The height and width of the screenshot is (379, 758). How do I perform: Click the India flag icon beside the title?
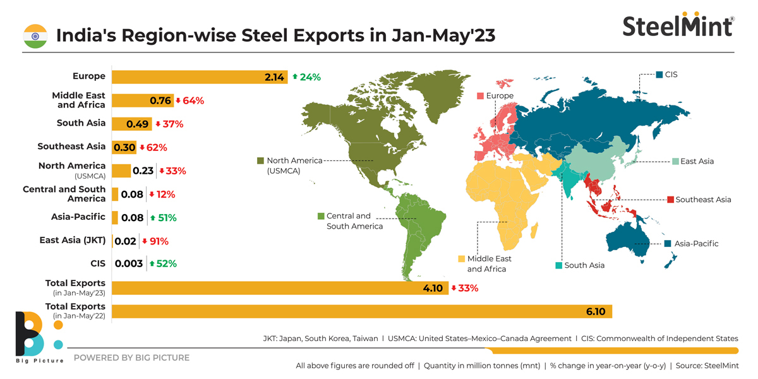(35, 35)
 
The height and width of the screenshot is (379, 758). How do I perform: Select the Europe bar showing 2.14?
(200, 76)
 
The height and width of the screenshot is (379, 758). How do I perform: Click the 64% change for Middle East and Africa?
(193, 100)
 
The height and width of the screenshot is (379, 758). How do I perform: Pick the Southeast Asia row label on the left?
(71, 147)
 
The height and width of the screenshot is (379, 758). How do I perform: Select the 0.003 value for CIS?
(128, 263)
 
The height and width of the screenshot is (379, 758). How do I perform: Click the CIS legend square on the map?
(659, 75)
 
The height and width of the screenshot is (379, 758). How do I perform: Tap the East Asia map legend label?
(697, 161)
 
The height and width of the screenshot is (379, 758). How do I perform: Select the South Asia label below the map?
(584, 265)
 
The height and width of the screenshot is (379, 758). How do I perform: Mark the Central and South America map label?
(354, 221)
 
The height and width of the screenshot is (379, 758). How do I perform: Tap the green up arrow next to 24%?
(294, 76)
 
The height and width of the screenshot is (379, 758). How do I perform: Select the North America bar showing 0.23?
(121, 171)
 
